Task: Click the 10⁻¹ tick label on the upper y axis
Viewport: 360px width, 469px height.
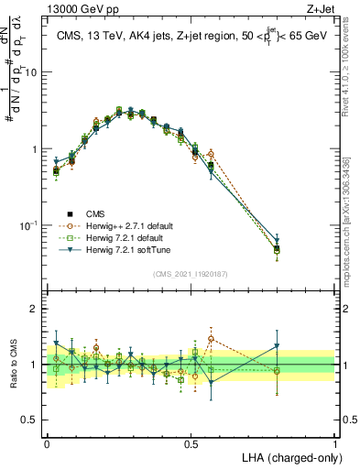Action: pos(29,225)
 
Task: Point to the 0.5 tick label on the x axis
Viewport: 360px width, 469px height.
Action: pos(191,442)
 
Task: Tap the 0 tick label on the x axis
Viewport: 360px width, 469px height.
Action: pos(47,442)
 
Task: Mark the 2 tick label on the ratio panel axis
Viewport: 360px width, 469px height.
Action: pos(35,309)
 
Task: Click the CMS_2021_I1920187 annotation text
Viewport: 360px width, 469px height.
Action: pos(191,274)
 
